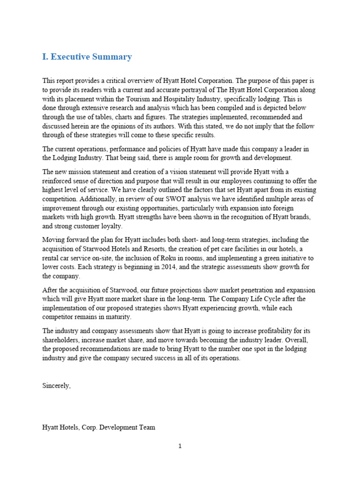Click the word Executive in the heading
tap(71, 57)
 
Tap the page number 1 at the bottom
tap(180, 446)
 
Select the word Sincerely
tap(56, 385)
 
